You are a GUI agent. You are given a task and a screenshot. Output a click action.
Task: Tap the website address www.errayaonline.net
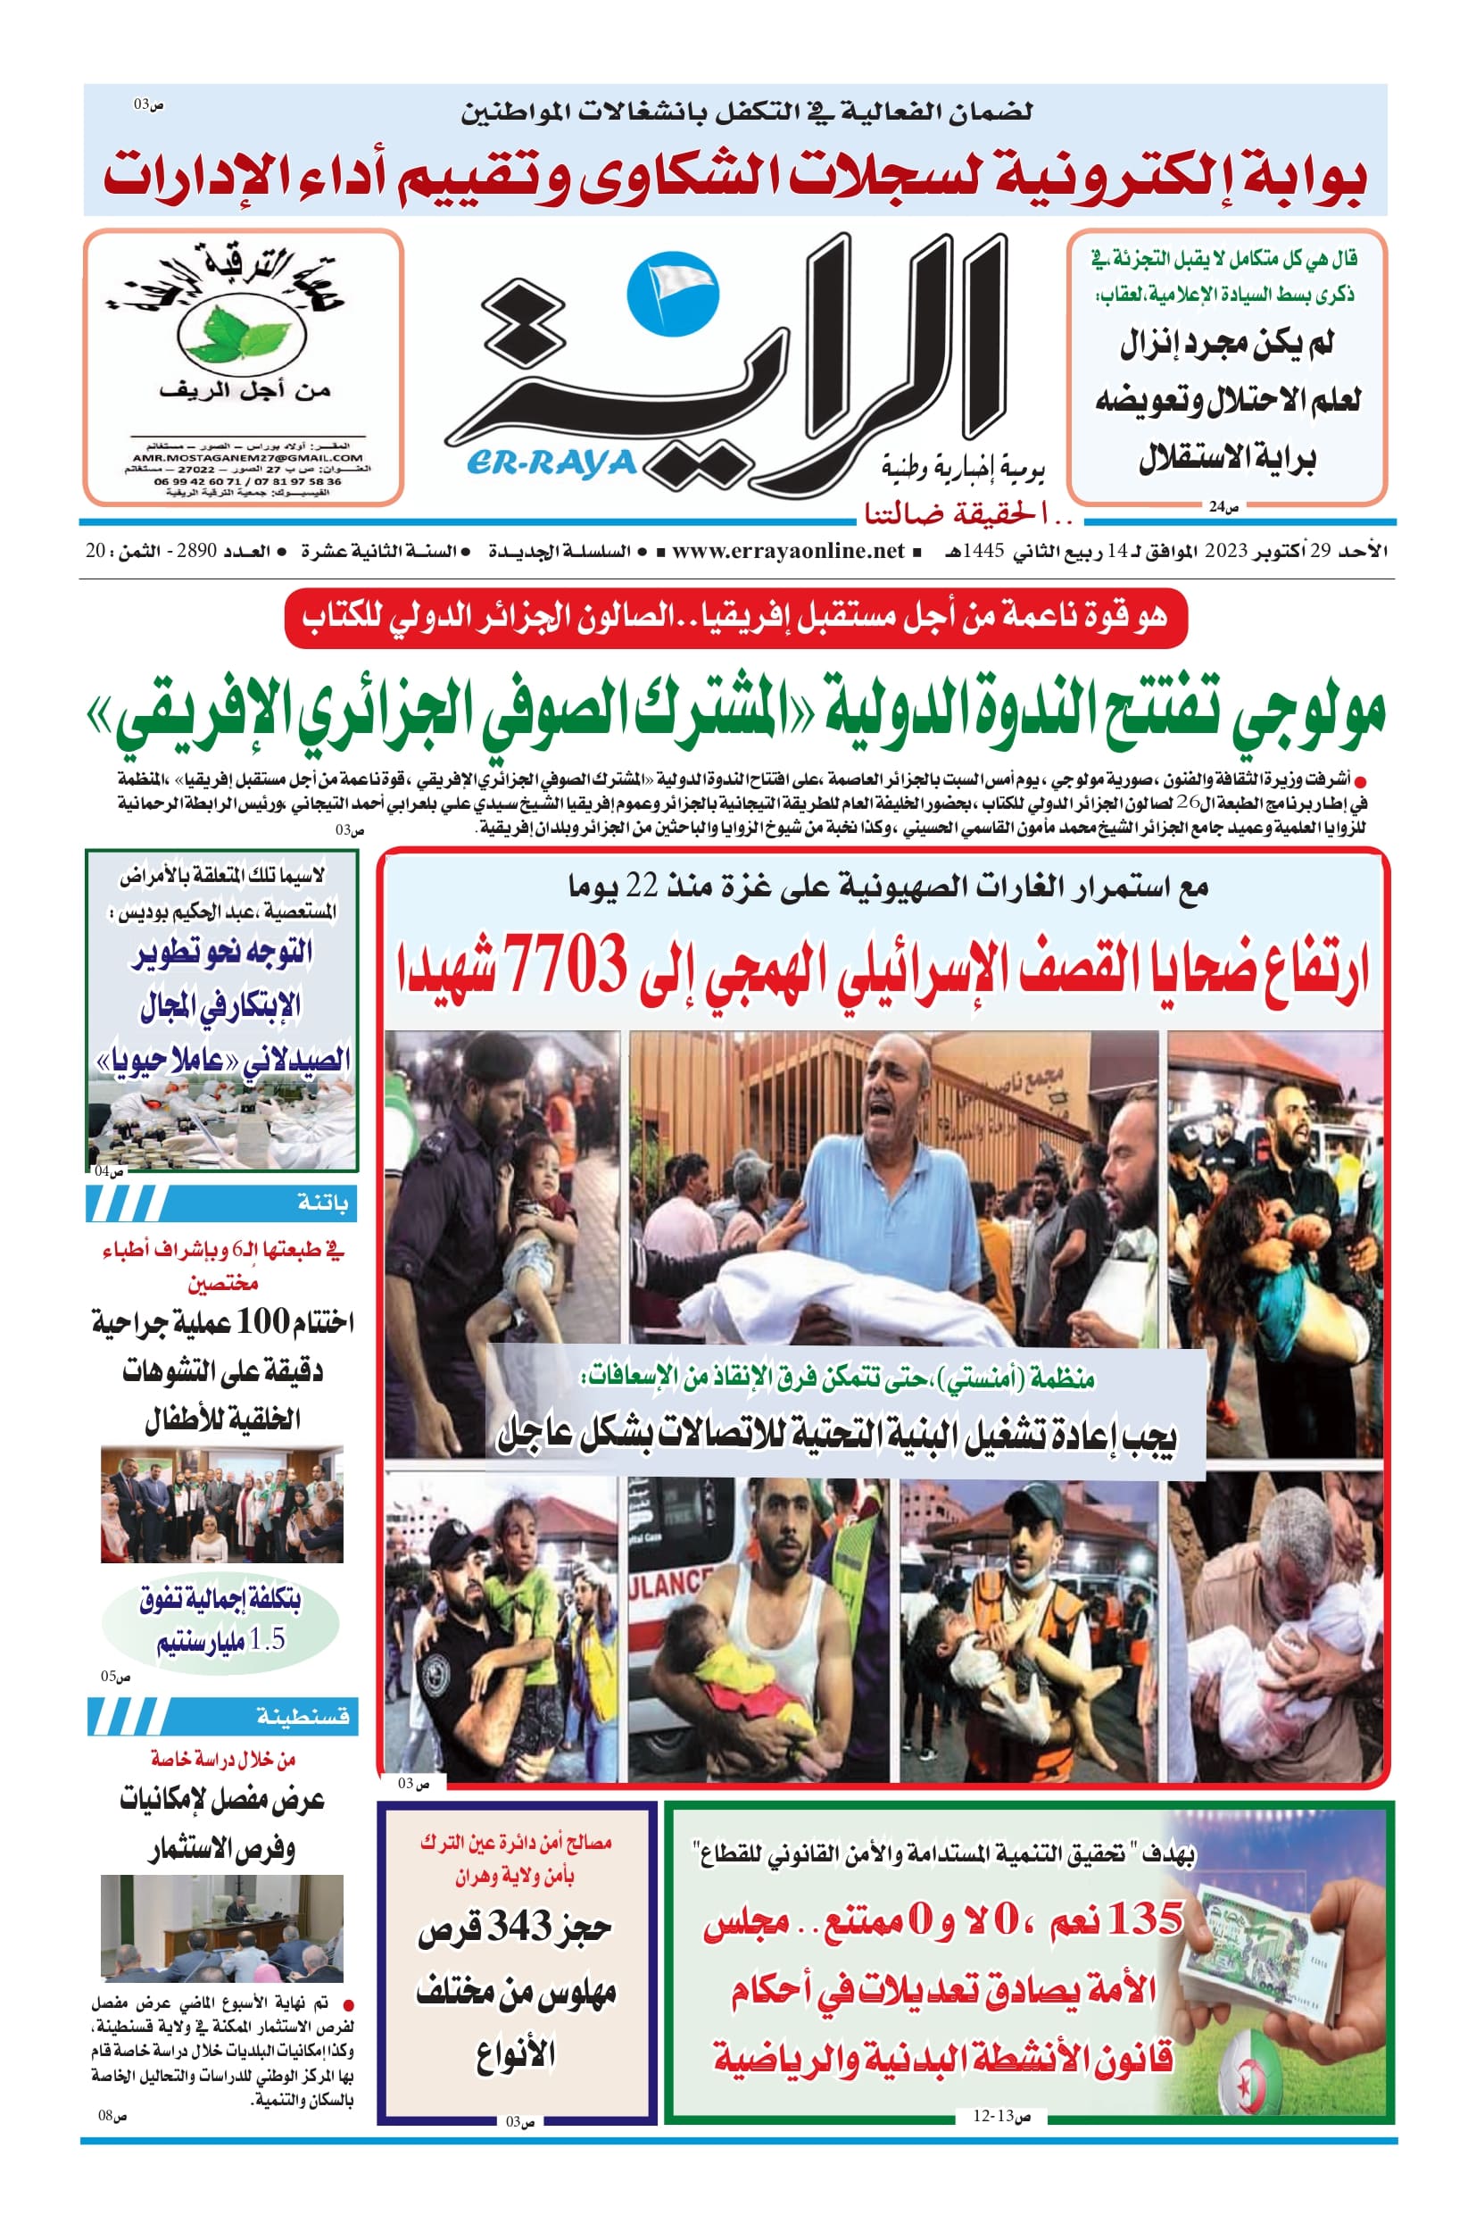tap(788, 551)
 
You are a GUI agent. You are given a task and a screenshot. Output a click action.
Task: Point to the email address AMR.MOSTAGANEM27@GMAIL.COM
tap(247, 458)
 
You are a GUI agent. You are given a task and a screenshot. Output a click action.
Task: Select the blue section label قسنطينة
tap(303, 1717)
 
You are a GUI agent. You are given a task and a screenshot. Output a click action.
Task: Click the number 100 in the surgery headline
tap(261, 1321)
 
